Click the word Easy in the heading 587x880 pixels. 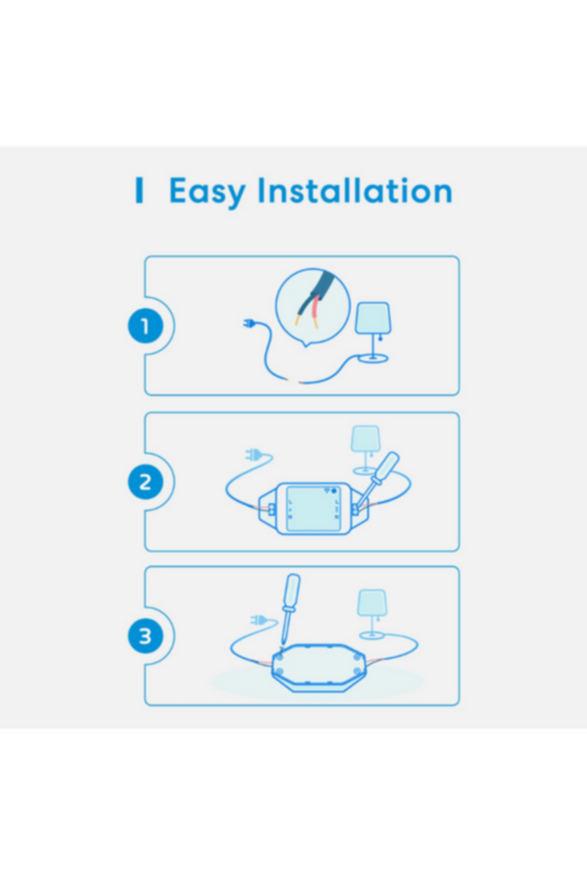coord(207,192)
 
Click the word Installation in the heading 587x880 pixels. coord(355,190)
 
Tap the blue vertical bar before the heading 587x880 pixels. coord(139,190)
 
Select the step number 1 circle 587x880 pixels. coord(145,326)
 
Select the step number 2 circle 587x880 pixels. coord(145,482)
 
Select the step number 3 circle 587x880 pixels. coord(145,637)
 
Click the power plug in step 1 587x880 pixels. coord(249,324)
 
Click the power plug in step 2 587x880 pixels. coord(254,454)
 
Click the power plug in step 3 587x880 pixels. coord(259,620)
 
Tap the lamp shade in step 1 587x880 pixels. coord(373,318)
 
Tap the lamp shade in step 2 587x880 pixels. coord(365,439)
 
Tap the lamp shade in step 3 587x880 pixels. coord(372,602)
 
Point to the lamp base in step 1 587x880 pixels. coord(374,357)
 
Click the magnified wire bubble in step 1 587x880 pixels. coord(313,307)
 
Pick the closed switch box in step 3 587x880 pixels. coord(318,668)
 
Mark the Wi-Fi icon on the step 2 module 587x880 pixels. coord(327,491)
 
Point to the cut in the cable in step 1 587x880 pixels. coord(295,382)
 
